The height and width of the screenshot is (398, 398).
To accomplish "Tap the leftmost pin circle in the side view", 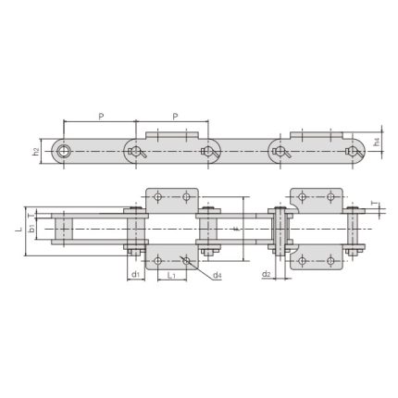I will pos(64,150).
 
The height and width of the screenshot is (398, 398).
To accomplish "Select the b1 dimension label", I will pos(31,226).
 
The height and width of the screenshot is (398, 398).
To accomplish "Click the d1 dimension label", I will pos(134,275).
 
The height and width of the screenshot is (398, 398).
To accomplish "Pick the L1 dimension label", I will pos(170,275).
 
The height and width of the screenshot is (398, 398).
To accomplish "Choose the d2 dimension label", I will pos(267,275).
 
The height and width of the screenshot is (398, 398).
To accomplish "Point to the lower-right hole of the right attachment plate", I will pos(331,260).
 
